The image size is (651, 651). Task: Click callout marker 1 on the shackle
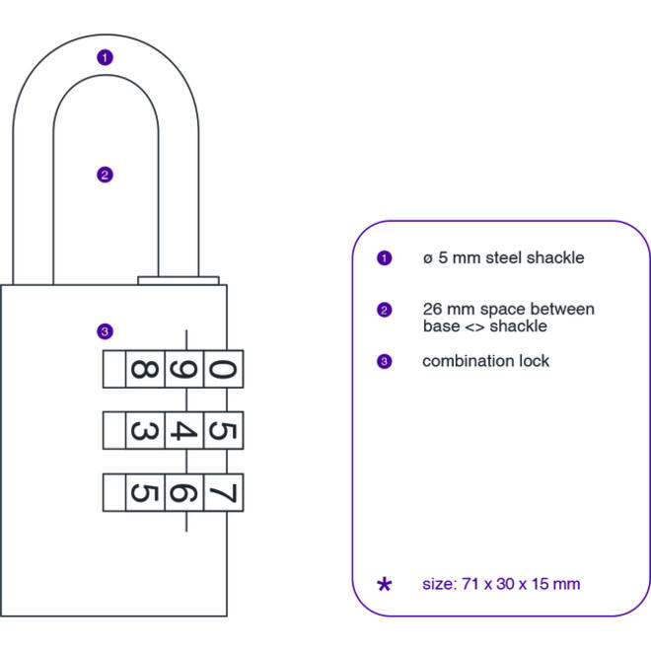(x=105, y=57)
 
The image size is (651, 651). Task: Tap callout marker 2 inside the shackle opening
(x=105, y=175)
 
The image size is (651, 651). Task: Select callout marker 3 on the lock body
(x=105, y=331)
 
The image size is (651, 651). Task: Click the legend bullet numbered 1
(x=384, y=258)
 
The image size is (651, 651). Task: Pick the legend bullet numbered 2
(x=384, y=310)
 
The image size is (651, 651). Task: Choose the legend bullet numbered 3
(x=384, y=361)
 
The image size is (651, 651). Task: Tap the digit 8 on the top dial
(x=144, y=369)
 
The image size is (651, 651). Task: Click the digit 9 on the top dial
(x=183, y=369)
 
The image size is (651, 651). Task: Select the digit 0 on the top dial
(x=223, y=369)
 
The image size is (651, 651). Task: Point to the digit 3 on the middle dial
(x=144, y=430)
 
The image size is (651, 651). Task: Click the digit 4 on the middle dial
(x=183, y=430)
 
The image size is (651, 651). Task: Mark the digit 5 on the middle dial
(x=223, y=430)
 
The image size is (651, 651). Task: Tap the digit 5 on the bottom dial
(x=144, y=492)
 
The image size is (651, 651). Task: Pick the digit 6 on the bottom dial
(x=183, y=492)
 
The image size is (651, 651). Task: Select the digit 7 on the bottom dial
(x=223, y=492)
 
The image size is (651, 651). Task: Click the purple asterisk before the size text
(x=384, y=585)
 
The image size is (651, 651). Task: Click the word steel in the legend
(x=503, y=257)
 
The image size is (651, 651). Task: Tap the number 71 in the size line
(x=470, y=584)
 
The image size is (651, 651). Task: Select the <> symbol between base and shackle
(x=474, y=327)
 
